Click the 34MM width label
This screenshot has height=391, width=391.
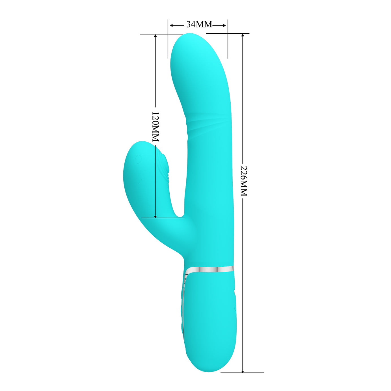point(199,25)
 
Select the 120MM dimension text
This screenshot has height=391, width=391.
point(155,127)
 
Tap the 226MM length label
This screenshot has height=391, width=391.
point(243,181)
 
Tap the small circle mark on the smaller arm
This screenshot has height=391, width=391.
point(138,159)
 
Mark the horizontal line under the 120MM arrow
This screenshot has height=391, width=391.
point(163,218)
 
